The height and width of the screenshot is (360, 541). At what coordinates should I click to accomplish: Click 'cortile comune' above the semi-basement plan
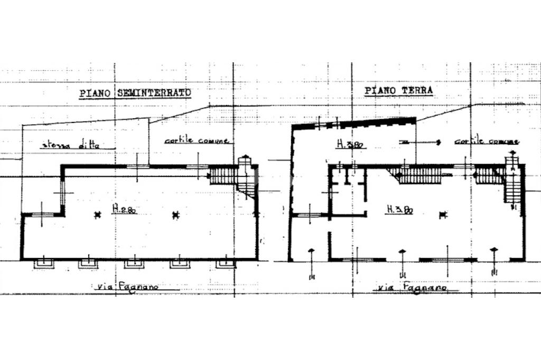(x=196, y=141)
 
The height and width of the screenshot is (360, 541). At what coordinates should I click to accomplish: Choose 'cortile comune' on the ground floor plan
(x=486, y=141)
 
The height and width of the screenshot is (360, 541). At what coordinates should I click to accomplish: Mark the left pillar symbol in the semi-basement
(x=97, y=214)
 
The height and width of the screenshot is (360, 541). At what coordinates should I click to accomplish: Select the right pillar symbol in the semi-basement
(x=176, y=214)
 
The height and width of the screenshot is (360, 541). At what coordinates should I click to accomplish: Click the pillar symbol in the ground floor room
(x=443, y=214)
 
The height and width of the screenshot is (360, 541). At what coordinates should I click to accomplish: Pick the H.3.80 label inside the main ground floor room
(x=399, y=210)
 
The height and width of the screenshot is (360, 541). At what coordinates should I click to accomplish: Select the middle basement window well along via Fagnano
(x=134, y=263)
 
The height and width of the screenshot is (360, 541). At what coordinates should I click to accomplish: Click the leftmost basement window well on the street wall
(x=43, y=263)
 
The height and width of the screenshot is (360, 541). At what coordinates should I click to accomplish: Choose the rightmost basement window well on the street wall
(x=225, y=263)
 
